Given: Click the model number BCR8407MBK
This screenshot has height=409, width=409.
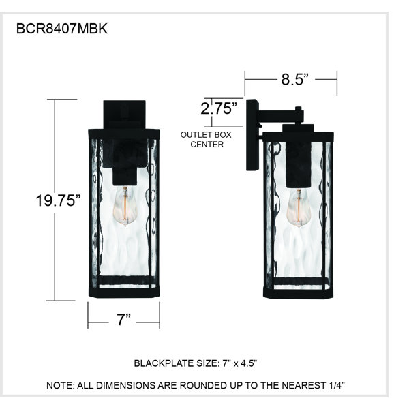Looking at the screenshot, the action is tap(62, 29).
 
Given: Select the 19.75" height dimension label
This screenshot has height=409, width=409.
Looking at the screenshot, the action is tap(58, 200).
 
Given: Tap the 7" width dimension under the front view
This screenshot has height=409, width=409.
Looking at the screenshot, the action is tap(123, 319).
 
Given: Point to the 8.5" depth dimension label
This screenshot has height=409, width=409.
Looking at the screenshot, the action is tap(294, 79).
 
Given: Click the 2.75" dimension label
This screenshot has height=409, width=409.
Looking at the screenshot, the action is tap(219, 108).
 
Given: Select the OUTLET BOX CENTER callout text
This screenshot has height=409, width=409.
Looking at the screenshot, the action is tap(206, 140).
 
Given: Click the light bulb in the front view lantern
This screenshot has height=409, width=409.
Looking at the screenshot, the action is tap(125, 206).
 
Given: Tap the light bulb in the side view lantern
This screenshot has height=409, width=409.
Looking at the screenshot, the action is tap(299, 208).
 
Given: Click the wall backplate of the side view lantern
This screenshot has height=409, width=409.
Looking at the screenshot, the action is tap(252, 135).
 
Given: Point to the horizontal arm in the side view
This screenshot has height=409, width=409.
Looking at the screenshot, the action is tap(280, 116).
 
